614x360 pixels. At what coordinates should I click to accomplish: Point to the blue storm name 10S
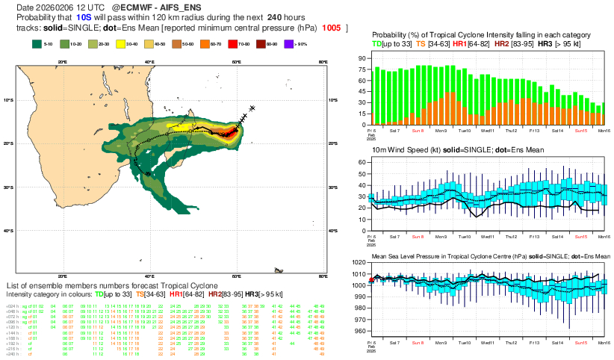coord(84,16)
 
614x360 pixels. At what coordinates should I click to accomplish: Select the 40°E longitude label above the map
coord(149,61)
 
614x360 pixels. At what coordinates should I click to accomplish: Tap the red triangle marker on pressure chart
coord(371,279)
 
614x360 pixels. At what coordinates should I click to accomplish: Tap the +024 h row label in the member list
coord(13,306)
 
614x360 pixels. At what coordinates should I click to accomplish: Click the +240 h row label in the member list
coord(13,354)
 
